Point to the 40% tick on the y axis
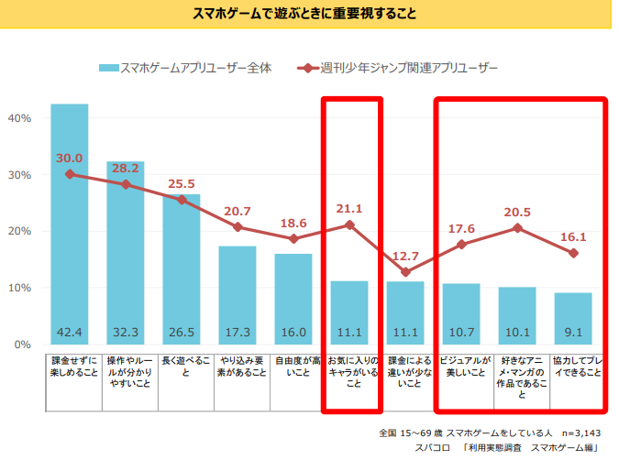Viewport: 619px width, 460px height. coord(19,118)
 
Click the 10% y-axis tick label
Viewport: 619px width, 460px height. coord(19,288)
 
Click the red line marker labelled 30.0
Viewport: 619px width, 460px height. coord(70,174)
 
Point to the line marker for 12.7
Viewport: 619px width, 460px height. coord(405,272)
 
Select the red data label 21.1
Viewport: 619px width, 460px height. coord(349,208)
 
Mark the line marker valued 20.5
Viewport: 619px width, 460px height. coord(517,227)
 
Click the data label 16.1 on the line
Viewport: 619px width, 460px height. coord(573,236)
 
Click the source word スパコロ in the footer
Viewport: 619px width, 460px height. coord(432,448)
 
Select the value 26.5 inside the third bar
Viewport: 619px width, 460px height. coord(182,331)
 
